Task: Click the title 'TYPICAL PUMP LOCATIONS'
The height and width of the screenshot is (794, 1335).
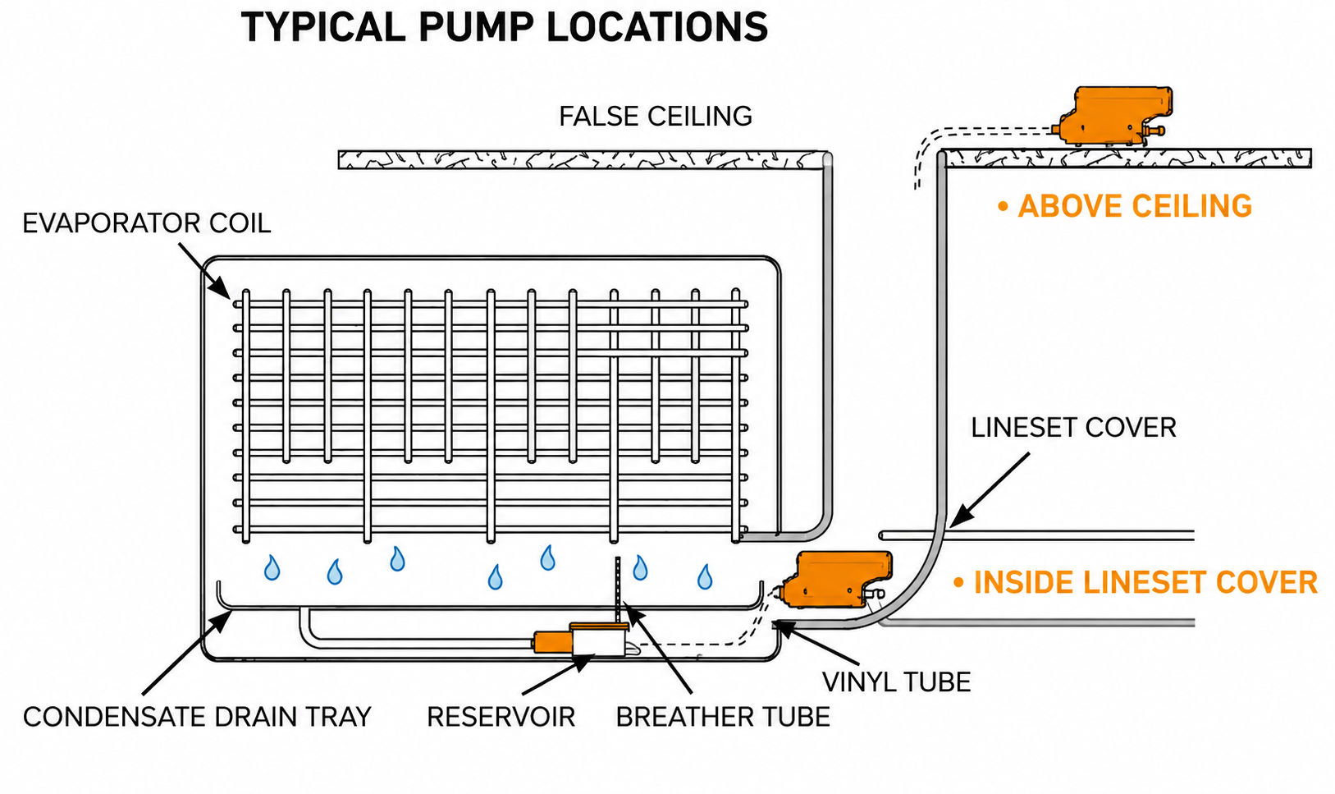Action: [504, 27]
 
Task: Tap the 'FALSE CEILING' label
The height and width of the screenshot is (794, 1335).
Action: [656, 117]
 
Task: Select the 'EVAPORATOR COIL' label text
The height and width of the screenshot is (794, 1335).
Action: [147, 223]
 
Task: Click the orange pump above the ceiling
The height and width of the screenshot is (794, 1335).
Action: [1112, 116]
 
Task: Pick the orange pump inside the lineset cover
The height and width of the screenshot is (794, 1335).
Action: [838, 579]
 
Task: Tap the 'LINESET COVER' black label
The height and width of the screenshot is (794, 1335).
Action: [1073, 428]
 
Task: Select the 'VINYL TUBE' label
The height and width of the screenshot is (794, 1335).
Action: [896, 682]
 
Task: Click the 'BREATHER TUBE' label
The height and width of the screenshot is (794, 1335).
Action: [723, 717]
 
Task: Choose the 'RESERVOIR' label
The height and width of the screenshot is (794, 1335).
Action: [501, 717]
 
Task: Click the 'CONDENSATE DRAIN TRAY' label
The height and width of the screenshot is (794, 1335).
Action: [197, 717]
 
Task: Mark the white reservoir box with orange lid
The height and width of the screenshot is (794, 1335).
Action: [598, 640]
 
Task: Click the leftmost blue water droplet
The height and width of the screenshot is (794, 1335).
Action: [272, 568]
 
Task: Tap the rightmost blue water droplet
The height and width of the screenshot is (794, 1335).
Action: [705, 577]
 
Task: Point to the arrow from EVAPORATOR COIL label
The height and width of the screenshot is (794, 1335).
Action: [204, 271]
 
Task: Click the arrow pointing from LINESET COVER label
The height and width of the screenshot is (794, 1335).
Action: [989, 490]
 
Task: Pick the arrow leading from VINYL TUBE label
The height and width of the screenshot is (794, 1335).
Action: [817, 643]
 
